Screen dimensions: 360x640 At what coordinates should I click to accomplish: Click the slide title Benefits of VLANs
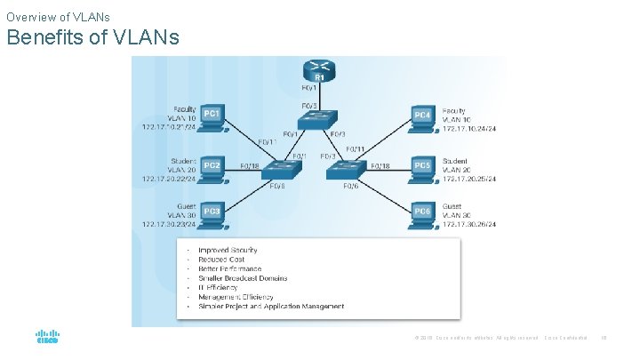[92, 37]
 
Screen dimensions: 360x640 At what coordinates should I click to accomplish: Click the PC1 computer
[213, 117]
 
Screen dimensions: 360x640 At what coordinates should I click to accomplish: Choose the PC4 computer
[424, 117]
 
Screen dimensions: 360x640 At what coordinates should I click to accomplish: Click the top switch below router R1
[317, 124]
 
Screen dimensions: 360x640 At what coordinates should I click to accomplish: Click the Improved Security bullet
[228, 251]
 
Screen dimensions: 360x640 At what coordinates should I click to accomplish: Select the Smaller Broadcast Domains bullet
[243, 278]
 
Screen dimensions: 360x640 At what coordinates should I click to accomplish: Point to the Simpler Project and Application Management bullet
[271, 307]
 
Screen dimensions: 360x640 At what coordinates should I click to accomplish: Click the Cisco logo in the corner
[47, 339]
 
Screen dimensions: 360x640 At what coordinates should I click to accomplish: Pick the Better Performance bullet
[230, 269]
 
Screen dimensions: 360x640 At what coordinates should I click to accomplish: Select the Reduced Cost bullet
[222, 260]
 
